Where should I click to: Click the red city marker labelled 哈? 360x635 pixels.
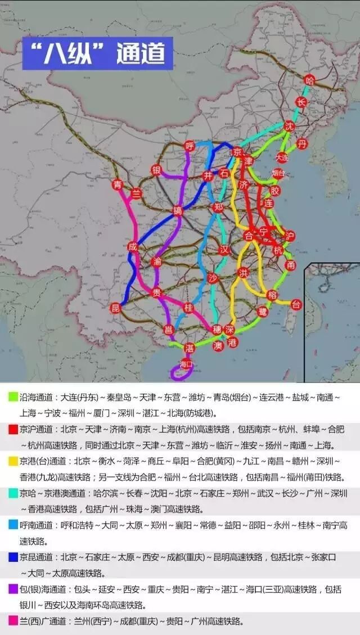tap(309, 80)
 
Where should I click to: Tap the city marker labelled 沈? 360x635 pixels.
tap(290, 125)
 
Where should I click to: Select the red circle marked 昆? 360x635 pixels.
tap(115, 308)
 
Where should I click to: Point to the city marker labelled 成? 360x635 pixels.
tap(133, 246)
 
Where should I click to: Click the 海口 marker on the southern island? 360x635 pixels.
tap(186, 364)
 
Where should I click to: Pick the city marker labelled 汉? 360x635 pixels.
tap(225, 249)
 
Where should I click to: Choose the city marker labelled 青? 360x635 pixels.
tap(117, 184)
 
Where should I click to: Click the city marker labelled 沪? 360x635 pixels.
tap(290, 235)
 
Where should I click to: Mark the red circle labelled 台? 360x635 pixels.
tap(296, 304)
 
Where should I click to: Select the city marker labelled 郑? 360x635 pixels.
tap(219, 207)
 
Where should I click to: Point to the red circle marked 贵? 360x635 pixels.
tap(157, 292)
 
